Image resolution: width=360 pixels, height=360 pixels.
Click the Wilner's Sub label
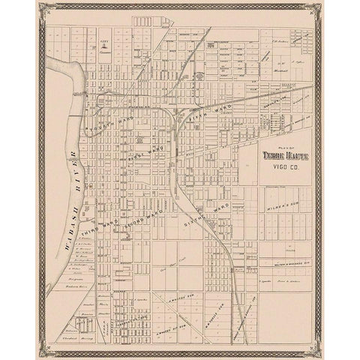tap(281, 203)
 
